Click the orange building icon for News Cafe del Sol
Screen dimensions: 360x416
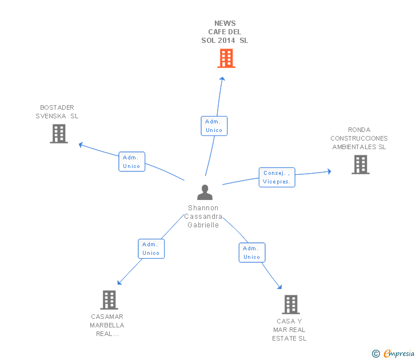pos(226,58)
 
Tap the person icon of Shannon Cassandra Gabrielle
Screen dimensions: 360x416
pos(205,193)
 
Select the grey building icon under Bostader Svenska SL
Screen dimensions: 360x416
pos(59,134)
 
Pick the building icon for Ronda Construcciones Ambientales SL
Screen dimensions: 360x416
pos(360,165)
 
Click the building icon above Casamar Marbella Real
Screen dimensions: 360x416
pos(109,299)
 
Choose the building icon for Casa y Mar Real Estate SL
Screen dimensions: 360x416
pos(291,305)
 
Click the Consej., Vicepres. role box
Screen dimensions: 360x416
pos(277,177)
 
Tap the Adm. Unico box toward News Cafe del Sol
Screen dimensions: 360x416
pos(214,126)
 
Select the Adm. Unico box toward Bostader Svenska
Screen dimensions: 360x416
pos(131,162)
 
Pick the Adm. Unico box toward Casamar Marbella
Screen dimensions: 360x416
pos(151,249)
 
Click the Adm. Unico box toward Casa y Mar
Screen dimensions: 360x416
pos(252,253)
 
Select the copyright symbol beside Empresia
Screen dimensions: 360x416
pos(376,354)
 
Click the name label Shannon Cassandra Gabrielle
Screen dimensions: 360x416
pos(203,217)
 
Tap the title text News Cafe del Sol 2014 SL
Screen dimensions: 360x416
pos(225,32)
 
